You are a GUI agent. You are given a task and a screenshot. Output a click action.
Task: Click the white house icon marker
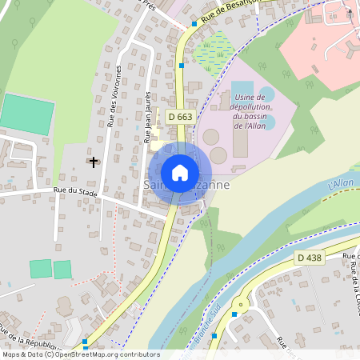180,173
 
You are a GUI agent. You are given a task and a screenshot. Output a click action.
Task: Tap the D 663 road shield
180,117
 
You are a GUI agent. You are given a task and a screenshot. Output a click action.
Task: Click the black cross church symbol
94,162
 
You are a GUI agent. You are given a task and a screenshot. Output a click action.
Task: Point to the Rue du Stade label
75,192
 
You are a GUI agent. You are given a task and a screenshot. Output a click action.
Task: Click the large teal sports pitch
26,114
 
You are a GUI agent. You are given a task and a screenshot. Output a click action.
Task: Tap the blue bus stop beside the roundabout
234,314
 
